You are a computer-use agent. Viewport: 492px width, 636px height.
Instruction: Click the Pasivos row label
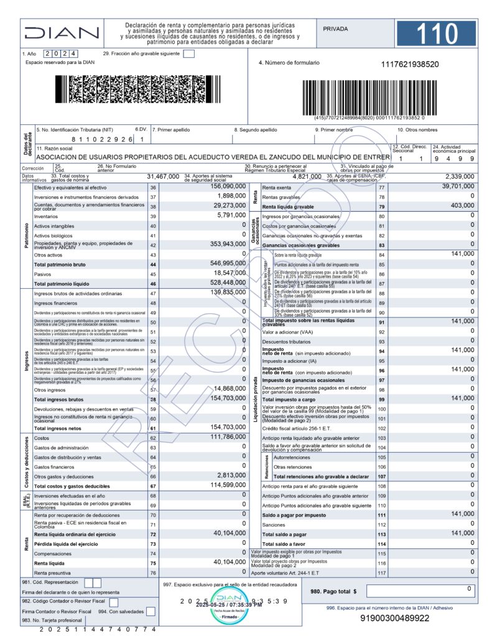click(43, 274)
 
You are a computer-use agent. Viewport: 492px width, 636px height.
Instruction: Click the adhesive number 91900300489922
click(395, 618)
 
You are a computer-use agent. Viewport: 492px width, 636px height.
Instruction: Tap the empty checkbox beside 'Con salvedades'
click(151, 612)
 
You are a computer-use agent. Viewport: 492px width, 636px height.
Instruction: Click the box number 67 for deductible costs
click(153, 486)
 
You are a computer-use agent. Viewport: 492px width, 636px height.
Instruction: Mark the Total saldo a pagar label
click(285, 534)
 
